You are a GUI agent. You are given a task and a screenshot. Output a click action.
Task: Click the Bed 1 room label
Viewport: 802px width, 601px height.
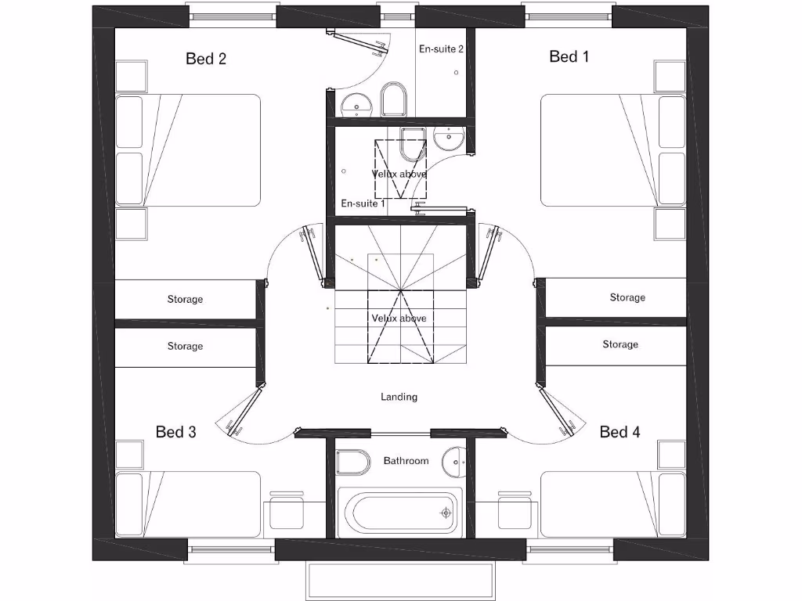(569, 56)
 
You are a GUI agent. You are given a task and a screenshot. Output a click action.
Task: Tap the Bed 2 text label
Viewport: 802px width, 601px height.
(206, 59)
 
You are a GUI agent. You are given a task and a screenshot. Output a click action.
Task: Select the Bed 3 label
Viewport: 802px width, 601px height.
(176, 432)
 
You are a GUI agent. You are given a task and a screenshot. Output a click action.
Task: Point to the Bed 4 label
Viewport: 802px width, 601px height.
(620, 432)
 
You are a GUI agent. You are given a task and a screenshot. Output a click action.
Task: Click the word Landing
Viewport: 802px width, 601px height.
(399, 397)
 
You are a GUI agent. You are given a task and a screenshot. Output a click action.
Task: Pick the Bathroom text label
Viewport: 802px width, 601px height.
(406, 461)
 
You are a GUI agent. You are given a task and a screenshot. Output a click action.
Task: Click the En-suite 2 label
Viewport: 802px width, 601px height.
(442, 49)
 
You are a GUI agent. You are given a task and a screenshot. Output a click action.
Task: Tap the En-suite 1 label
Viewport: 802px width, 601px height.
(363, 203)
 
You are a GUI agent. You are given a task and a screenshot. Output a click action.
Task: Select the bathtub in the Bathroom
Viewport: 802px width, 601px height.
(399, 513)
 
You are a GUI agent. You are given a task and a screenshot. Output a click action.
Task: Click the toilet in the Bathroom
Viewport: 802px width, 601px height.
(353, 462)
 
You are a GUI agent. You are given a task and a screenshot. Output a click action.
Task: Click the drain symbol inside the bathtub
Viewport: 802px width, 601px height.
(446, 513)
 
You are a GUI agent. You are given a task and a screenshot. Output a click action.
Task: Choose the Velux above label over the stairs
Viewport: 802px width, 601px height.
(399, 318)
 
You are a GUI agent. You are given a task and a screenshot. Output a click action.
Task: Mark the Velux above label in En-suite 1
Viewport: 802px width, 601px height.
(399, 174)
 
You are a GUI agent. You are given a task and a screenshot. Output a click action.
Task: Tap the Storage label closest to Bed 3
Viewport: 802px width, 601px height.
(185, 346)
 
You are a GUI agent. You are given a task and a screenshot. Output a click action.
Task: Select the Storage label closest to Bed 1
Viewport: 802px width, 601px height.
(627, 297)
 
